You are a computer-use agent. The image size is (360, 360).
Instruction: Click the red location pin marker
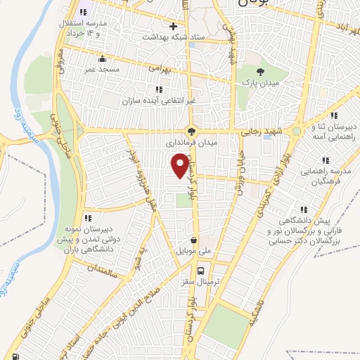[x=181, y=165]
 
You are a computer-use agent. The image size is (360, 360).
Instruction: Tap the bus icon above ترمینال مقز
[x=201, y=271]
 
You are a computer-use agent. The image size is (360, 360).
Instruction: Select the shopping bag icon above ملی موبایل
[x=193, y=240]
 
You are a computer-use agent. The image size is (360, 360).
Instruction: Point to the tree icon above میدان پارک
[x=261, y=72]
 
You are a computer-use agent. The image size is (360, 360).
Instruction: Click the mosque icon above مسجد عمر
[x=103, y=59]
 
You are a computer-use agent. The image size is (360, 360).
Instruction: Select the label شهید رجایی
[x=261, y=131]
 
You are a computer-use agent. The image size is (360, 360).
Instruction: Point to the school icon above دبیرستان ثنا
[x=335, y=115]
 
